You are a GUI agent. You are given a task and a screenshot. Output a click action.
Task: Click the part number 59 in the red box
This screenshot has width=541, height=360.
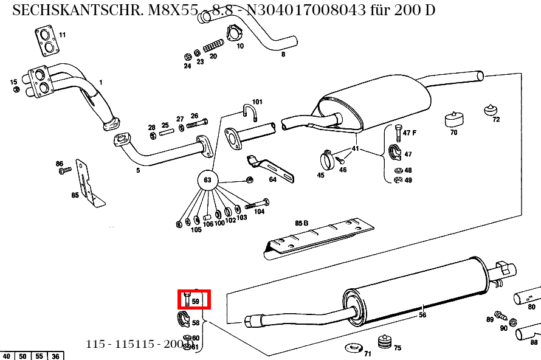click(x=195, y=301)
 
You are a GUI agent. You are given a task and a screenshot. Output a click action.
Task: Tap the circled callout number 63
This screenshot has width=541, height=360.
click(x=207, y=180)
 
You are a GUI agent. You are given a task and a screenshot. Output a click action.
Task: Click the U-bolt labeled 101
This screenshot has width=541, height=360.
click(x=249, y=113)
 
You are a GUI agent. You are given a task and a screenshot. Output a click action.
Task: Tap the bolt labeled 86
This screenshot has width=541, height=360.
click(x=62, y=172)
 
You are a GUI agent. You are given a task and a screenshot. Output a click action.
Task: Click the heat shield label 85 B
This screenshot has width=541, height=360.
click(x=302, y=224)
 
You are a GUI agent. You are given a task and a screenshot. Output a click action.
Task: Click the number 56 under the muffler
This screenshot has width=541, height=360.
click(x=422, y=315)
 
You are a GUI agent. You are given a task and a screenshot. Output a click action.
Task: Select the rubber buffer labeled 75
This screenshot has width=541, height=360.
click(x=384, y=342)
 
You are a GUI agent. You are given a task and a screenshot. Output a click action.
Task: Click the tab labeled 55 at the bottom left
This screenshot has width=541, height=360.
click(x=38, y=356)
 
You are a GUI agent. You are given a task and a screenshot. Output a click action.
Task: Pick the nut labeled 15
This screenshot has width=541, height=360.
click(x=16, y=89)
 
